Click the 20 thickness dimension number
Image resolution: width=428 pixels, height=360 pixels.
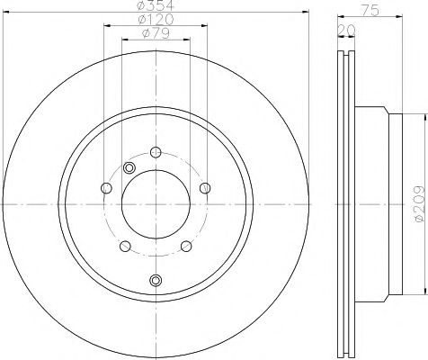coord(344,29)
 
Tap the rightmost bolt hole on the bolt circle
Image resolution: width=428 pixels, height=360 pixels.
coord(205,187)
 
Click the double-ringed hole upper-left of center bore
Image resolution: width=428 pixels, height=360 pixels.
coord(129,168)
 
